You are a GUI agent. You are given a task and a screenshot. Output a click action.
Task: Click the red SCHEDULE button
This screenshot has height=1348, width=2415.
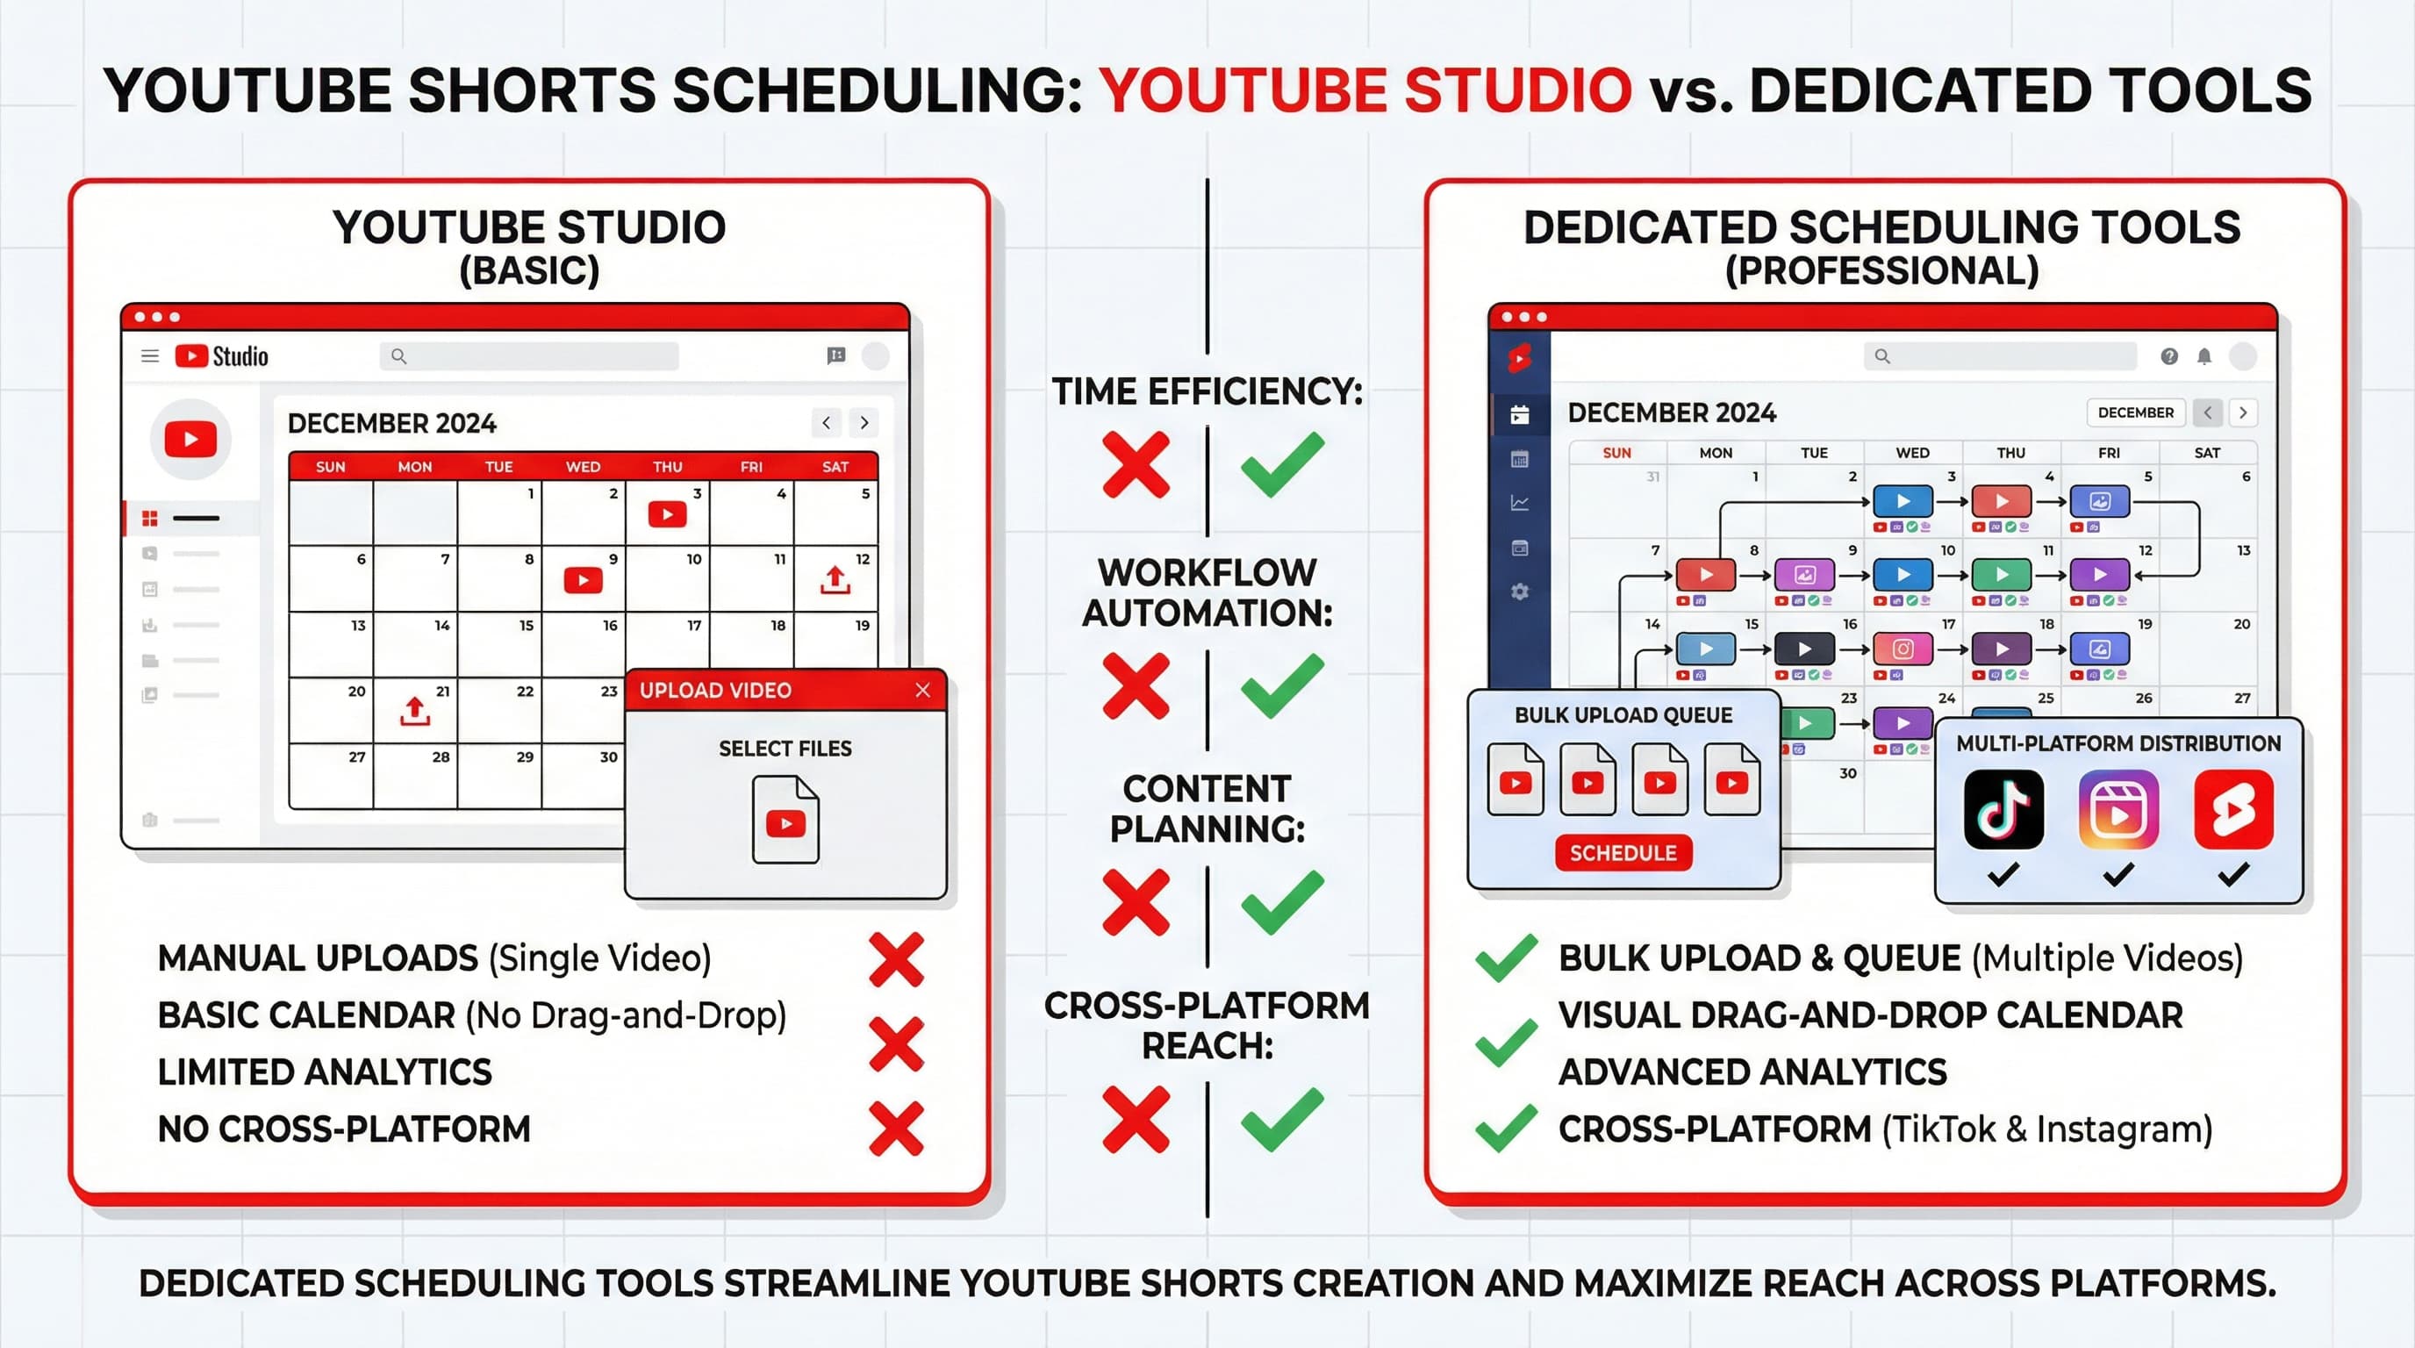point(1623,853)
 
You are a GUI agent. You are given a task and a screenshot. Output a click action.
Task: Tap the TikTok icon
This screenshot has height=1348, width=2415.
point(2003,809)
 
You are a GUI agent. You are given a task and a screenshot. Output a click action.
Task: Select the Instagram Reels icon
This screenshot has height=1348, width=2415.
point(2118,809)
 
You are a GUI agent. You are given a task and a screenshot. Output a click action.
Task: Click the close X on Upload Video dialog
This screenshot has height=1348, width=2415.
point(922,690)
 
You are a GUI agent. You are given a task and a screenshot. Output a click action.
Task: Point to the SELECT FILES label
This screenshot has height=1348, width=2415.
point(785,748)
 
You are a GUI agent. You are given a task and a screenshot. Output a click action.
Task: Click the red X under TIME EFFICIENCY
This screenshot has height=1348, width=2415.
point(1136,464)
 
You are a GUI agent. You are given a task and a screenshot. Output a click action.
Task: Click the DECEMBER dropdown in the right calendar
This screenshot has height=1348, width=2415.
point(2135,412)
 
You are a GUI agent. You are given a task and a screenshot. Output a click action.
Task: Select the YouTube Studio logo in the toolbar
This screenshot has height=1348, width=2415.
point(221,356)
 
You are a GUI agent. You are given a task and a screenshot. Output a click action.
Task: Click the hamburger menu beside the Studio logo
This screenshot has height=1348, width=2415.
point(150,356)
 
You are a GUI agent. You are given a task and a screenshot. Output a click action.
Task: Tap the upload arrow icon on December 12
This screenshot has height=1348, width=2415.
point(835,579)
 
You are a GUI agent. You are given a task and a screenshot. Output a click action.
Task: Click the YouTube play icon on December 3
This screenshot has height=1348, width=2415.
point(667,513)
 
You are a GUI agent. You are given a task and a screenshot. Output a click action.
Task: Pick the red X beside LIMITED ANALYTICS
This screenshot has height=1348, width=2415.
point(896,1044)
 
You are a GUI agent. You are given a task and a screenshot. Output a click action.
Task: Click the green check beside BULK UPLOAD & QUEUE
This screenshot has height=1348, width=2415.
point(1506,958)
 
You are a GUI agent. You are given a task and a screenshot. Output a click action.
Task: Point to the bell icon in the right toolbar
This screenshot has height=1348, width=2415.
point(2204,356)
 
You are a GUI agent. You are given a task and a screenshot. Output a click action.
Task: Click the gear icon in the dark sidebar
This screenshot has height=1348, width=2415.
point(1520,592)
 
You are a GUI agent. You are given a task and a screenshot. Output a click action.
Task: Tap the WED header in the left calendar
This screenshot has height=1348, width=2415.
point(582,467)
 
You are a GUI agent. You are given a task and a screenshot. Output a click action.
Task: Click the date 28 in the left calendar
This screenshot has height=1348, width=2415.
point(441,757)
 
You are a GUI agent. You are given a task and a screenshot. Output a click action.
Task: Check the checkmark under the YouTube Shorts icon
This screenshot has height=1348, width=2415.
point(2233,875)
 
